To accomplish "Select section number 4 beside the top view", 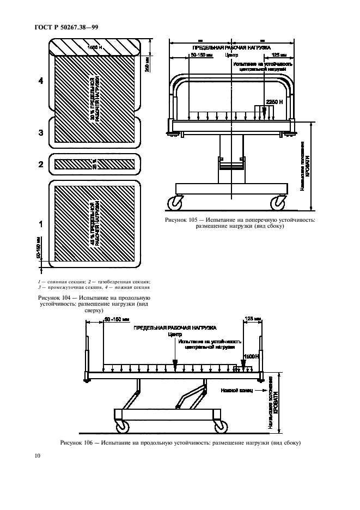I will click(x=40, y=81).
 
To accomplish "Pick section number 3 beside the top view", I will click(x=40, y=132).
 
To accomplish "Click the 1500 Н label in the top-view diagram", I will click(x=97, y=48).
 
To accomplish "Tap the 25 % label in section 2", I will click(x=94, y=162).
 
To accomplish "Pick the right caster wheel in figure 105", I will click(x=279, y=202).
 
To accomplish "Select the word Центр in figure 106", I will click(x=175, y=335).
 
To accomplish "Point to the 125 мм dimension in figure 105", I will click(x=279, y=56).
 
